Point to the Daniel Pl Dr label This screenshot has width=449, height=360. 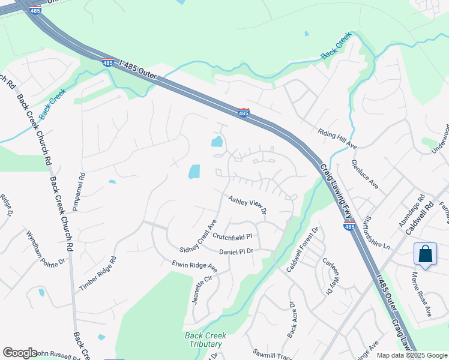pos(237,252)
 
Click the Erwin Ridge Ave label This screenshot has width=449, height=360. pos(194,265)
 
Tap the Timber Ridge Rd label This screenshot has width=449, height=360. pos(97,274)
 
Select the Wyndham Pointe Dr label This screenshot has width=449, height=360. pos(45,248)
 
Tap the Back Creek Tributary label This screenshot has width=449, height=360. pos(203,340)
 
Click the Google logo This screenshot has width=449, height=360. pos(20,353)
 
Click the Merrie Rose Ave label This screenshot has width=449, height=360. pos(421,293)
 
